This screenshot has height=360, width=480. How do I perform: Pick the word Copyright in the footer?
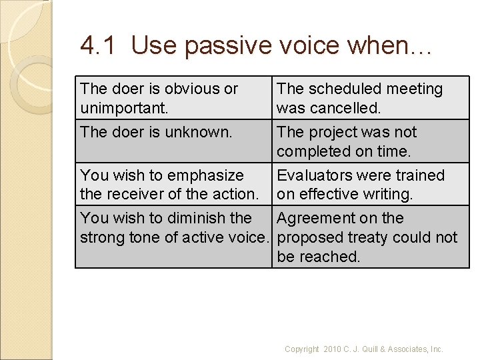click(x=302, y=349)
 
